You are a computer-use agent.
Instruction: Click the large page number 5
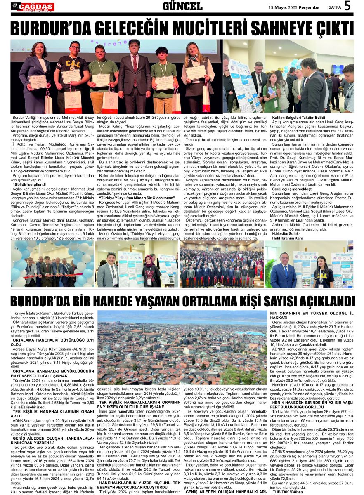(347, 6)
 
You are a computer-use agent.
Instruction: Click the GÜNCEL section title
(182, 7)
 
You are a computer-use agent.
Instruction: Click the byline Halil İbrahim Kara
(288, 238)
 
